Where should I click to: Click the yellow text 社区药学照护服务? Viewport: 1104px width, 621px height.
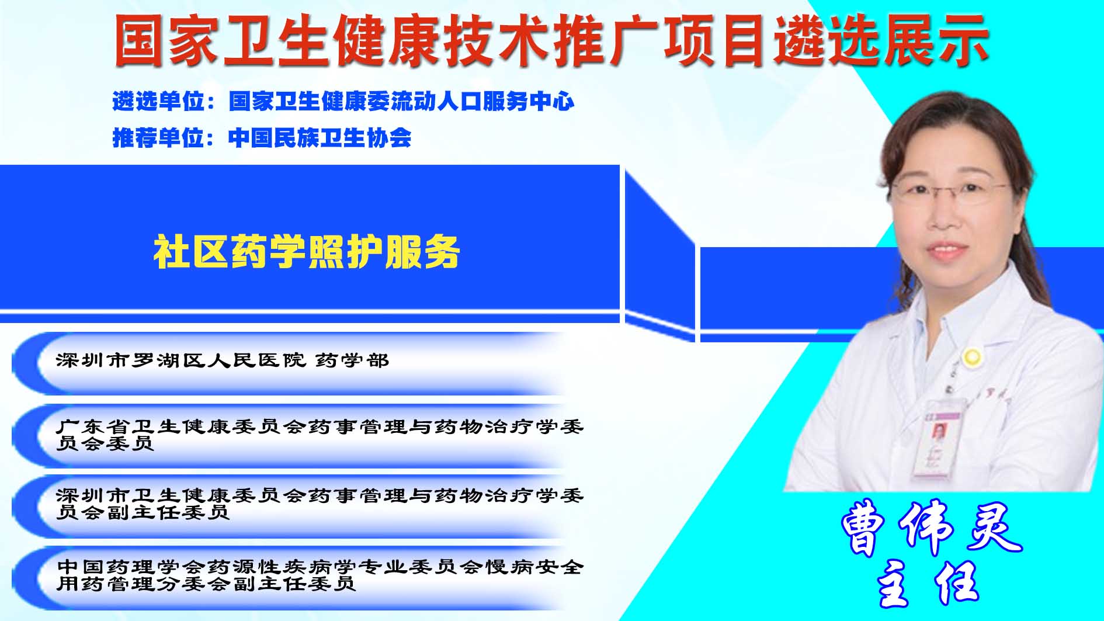click(307, 252)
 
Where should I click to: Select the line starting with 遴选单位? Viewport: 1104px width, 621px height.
click(343, 102)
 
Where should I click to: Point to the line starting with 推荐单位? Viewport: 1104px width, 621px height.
click(262, 138)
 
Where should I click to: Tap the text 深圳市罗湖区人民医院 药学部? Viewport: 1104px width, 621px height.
click(223, 360)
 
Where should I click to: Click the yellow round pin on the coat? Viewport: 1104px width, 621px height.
click(972, 356)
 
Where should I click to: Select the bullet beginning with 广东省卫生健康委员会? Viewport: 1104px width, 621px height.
click(320, 435)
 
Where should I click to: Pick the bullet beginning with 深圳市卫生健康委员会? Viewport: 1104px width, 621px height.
click(320, 504)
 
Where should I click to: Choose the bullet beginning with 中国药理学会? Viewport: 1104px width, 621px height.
click(320, 575)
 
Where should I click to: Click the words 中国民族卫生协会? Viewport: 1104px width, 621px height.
click(320, 138)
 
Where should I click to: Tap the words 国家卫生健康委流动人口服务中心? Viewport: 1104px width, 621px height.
click(401, 102)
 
